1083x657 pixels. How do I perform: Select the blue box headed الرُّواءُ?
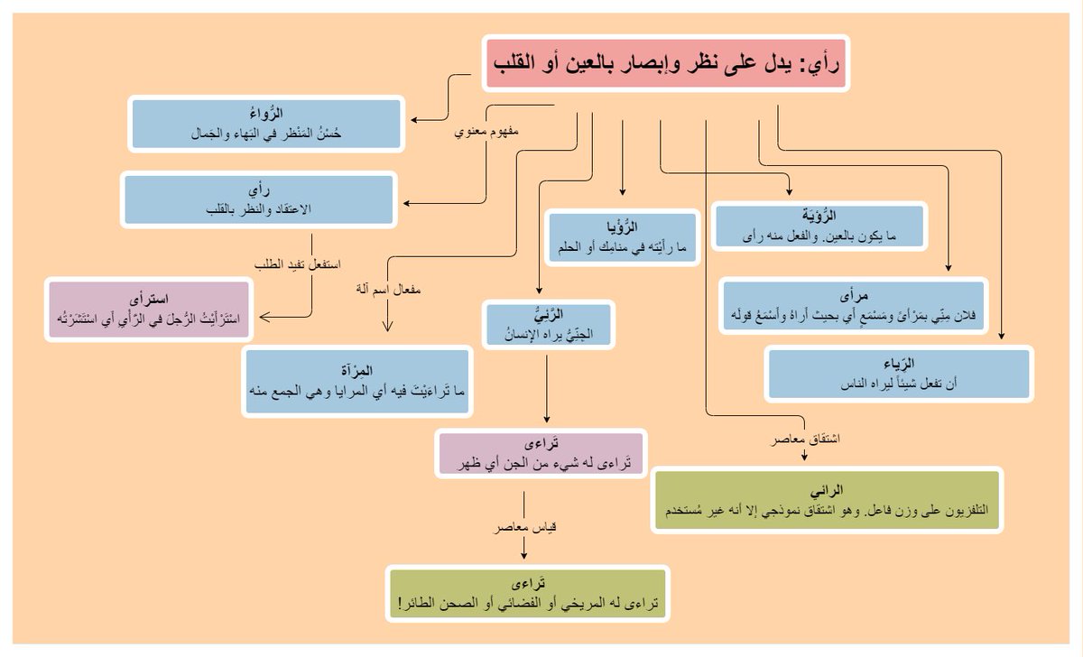pos(265,124)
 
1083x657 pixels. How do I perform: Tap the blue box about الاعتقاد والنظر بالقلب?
pos(259,199)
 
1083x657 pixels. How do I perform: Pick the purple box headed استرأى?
pos(151,310)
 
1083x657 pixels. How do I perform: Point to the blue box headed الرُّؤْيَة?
pos(819,226)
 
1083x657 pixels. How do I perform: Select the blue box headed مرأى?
pos(854,307)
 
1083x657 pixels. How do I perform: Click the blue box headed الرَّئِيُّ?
pos(550,326)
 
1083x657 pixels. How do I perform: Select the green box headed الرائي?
pos(827,501)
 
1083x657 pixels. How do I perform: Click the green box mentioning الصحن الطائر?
pos(529,594)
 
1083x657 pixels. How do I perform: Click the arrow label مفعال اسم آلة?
pos(389,291)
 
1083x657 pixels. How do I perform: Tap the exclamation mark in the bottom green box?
pos(398,603)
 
